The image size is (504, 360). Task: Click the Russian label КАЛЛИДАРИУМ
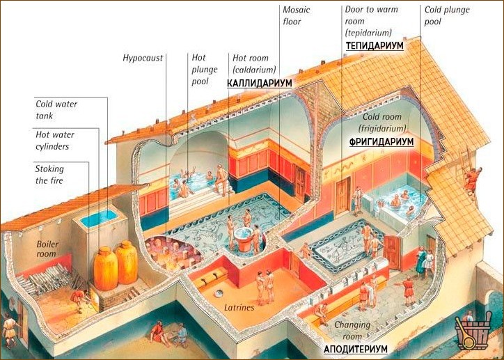[260, 83]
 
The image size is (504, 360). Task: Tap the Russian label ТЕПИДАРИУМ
[375, 46]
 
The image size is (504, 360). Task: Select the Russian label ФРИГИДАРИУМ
[381, 141]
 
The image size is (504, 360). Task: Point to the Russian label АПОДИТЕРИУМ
[356, 349]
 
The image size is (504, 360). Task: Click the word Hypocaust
[143, 58]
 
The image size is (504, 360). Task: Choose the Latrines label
[239, 308]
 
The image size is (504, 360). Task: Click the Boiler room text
[47, 249]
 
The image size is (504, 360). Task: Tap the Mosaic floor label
[296, 15]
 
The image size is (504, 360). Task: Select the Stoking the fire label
[49, 175]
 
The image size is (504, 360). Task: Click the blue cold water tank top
[98, 218]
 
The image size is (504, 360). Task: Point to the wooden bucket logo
[473, 331]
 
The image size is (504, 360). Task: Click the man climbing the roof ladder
[471, 180]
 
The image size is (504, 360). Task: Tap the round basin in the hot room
[244, 239]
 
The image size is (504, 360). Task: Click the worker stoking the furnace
[79, 300]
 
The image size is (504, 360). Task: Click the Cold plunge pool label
[447, 15]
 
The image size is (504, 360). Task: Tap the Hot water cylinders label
[55, 141]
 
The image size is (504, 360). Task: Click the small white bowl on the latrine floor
[220, 293]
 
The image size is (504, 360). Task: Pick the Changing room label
[352, 330]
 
